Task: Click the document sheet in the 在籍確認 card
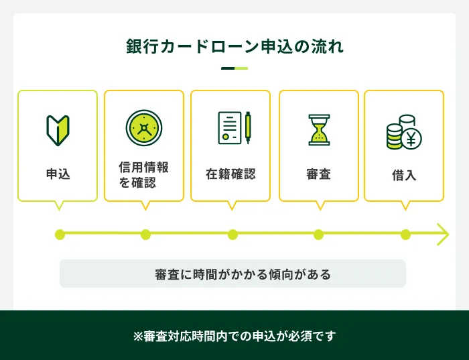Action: (229, 127)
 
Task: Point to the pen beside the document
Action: (248, 127)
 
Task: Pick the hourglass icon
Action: (318, 129)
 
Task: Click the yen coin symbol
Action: (411, 139)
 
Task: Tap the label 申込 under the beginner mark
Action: (58, 174)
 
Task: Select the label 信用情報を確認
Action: (144, 174)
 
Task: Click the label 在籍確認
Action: (230, 174)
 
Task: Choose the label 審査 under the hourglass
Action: (318, 174)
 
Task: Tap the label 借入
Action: (404, 175)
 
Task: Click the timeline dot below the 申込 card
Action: (60, 234)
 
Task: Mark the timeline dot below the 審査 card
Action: (318, 234)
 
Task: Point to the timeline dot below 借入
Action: (405, 234)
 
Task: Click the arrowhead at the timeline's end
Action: (443, 234)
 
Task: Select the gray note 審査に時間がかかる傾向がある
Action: (232, 274)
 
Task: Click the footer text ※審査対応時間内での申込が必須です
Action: (234, 335)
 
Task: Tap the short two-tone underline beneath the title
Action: (234, 68)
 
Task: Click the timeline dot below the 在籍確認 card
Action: (232, 234)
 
